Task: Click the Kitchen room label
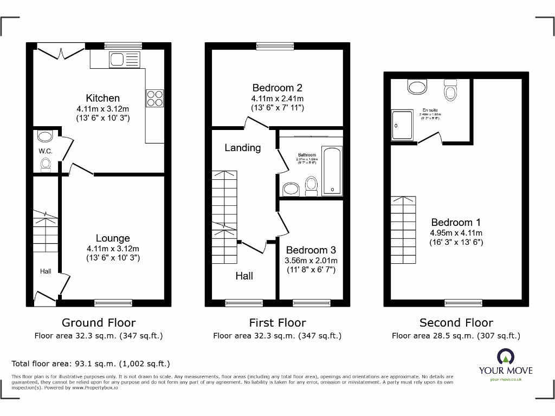click(x=103, y=98)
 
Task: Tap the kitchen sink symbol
click(x=124, y=58)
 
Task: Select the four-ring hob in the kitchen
click(x=154, y=98)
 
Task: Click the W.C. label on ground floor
click(x=46, y=151)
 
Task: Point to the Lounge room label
click(x=113, y=238)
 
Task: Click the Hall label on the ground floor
click(x=46, y=271)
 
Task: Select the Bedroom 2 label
click(x=277, y=88)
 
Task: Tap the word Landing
click(x=242, y=147)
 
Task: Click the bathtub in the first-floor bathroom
click(x=332, y=171)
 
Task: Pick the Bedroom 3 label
click(x=311, y=250)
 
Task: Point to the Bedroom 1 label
click(x=456, y=222)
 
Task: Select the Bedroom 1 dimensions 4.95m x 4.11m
click(x=456, y=233)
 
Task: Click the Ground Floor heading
click(x=99, y=323)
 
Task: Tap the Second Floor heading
click(x=456, y=323)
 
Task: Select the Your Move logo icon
click(x=505, y=357)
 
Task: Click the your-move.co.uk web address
click(x=505, y=380)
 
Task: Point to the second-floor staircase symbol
click(x=403, y=230)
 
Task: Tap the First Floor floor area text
click(x=277, y=336)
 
